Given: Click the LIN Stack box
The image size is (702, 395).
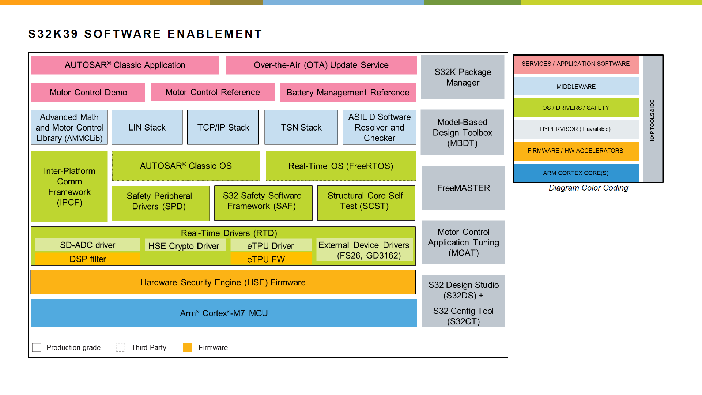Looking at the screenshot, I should [x=147, y=127].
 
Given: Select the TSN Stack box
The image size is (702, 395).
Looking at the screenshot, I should [x=301, y=127].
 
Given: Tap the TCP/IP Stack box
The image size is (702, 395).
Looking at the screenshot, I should [x=223, y=127].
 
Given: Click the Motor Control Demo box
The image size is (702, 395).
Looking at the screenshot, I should [x=88, y=92].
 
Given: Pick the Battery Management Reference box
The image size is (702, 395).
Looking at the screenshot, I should [x=348, y=92].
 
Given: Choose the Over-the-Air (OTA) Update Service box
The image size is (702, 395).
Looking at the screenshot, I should [x=321, y=65].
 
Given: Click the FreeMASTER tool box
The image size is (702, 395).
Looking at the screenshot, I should [x=463, y=188].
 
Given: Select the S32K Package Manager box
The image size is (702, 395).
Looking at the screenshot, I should [x=463, y=77].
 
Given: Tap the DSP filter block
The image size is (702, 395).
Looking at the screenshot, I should [x=88, y=259].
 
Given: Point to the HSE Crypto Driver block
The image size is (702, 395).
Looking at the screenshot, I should [x=184, y=246].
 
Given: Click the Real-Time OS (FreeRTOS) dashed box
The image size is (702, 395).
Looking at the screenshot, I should [x=340, y=166].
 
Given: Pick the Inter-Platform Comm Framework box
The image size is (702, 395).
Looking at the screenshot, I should [x=69, y=187].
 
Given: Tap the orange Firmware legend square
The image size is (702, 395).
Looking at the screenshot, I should [x=188, y=347].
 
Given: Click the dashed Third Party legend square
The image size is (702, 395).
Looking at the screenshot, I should [x=121, y=347].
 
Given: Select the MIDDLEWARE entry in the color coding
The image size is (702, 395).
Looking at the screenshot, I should [x=576, y=87].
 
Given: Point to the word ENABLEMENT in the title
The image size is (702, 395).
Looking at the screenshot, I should [x=215, y=34].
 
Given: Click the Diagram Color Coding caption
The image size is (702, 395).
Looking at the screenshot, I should [x=588, y=188].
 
